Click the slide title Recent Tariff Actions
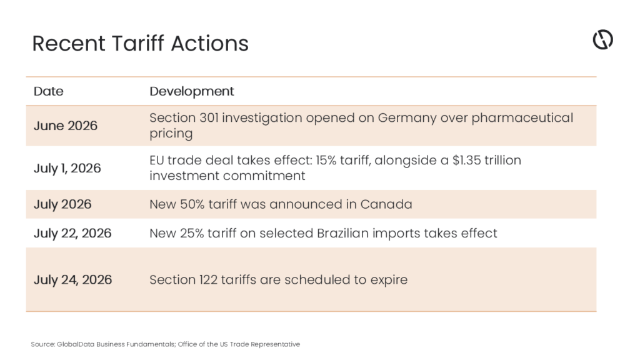[141, 43]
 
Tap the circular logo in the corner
[603, 39]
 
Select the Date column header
[49, 91]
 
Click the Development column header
[192, 91]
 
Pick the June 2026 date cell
[65, 126]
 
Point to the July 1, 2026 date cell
[67, 168]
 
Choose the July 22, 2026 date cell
[72, 233]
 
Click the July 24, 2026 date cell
[72, 279]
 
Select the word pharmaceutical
[522, 118]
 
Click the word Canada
[386, 204]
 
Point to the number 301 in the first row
[209, 117]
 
